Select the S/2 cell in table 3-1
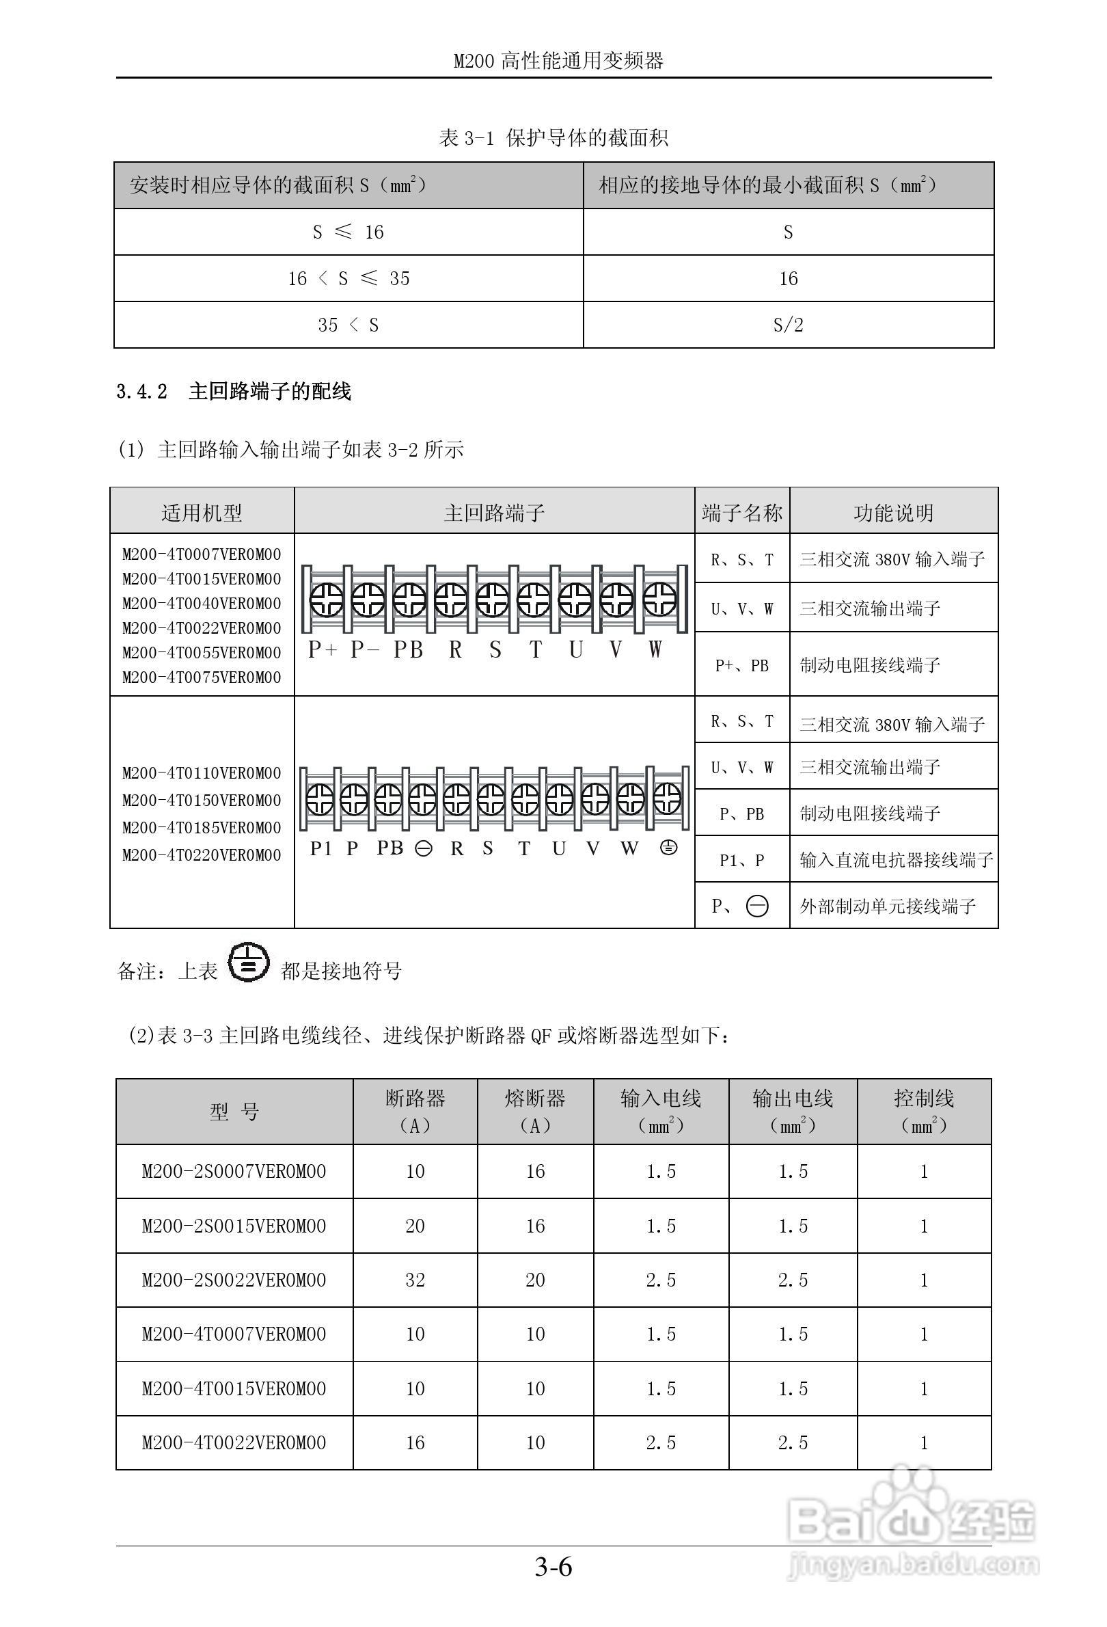pos(788,325)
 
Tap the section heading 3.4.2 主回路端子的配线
pos(234,391)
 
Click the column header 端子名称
pos(741,513)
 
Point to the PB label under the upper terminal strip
pos(408,649)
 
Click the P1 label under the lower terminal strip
pos(320,848)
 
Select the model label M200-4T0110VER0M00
pos(202,773)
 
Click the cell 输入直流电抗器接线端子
pos(896,860)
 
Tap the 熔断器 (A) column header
pos(535,1111)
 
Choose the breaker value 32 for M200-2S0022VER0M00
pos(415,1280)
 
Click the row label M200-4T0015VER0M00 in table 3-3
pos(234,1389)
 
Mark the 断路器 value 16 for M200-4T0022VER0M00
pos(415,1442)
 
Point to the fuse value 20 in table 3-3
pos(535,1280)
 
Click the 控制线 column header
pos(924,1111)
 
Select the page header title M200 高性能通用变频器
pos(558,61)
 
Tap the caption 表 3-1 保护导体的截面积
pos(553,138)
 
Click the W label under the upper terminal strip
pos(654,649)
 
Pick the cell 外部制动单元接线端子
pos(887,906)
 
